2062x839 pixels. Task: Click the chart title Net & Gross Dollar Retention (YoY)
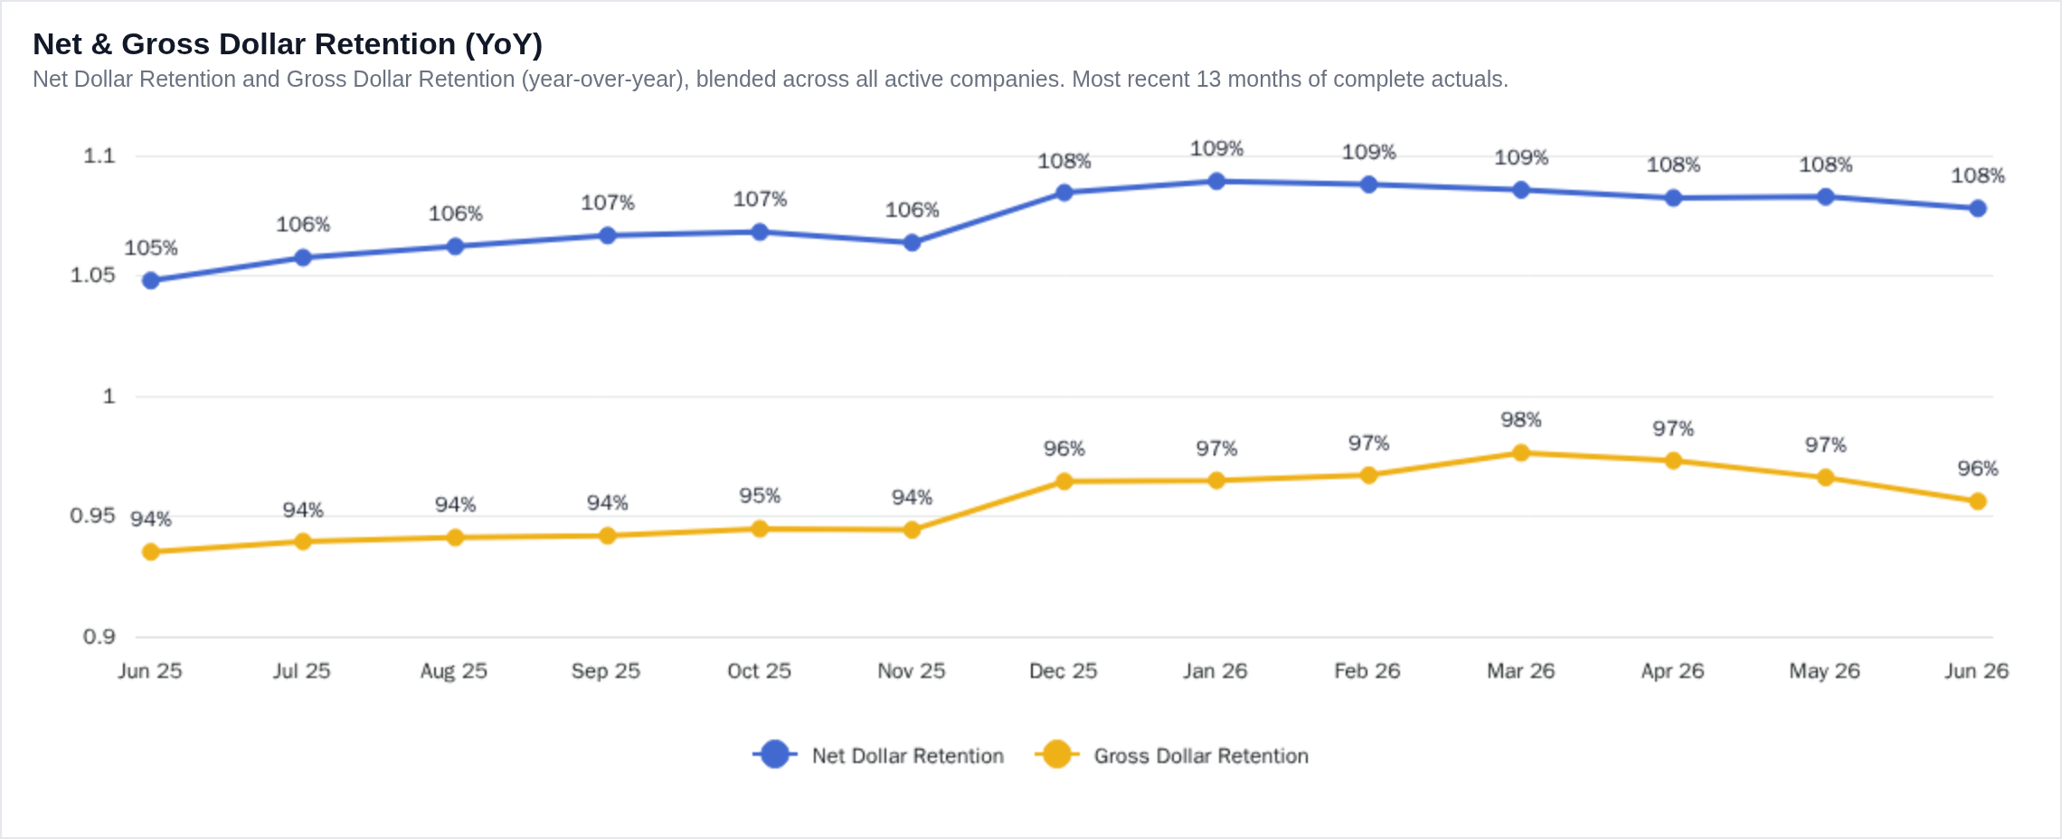pyautogui.click(x=288, y=44)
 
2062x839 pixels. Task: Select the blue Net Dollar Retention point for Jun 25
pyautogui.click(x=151, y=280)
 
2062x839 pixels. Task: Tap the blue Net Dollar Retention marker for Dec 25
pyautogui.click(x=1064, y=193)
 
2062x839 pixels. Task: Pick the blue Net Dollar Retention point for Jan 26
pyautogui.click(x=1216, y=181)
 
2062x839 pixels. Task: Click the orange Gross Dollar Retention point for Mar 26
pyautogui.click(x=1521, y=453)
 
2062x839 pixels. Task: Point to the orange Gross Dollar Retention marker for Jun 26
pyautogui.click(x=1978, y=501)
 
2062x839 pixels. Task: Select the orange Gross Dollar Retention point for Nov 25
pyautogui.click(x=912, y=530)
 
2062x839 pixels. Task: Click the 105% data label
pyautogui.click(x=151, y=248)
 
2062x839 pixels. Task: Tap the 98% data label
pyautogui.click(x=1521, y=419)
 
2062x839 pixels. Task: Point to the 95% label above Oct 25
pyautogui.click(x=760, y=495)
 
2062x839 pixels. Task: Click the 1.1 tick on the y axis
pyautogui.click(x=99, y=156)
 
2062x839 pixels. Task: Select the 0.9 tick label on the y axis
pyautogui.click(x=99, y=636)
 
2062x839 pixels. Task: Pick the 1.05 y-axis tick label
pyautogui.click(x=93, y=275)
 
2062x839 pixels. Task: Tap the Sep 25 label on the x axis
pyautogui.click(x=606, y=671)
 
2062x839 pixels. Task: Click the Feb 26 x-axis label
pyautogui.click(x=1367, y=671)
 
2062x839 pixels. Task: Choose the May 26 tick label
pyautogui.click(x=1825, y=671)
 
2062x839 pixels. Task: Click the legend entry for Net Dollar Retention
pyautogui.click(x=878, y=755)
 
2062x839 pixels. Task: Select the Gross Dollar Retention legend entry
pyautogui.click(x=1172, y=755)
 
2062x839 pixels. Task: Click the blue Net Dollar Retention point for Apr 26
pyautogui.click(x=1673, y=198)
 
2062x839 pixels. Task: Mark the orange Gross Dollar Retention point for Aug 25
pyautogui.click(x=455, y=538)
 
